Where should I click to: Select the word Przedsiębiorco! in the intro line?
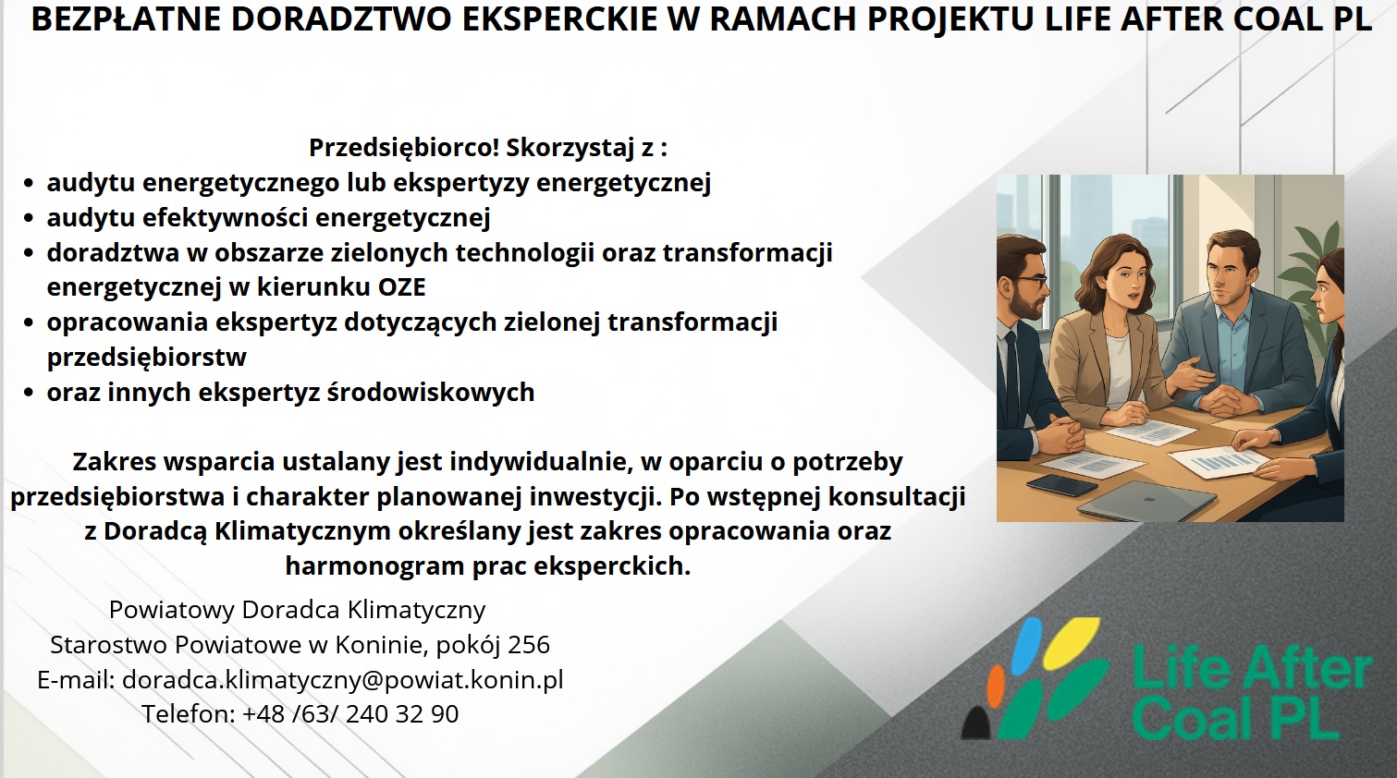pos(404,147)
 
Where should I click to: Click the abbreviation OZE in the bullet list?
pos(401,287)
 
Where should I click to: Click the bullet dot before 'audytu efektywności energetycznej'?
pos(29,219)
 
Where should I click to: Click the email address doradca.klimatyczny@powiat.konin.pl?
pos(343,679)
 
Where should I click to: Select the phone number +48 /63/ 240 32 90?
pos(350,713)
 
